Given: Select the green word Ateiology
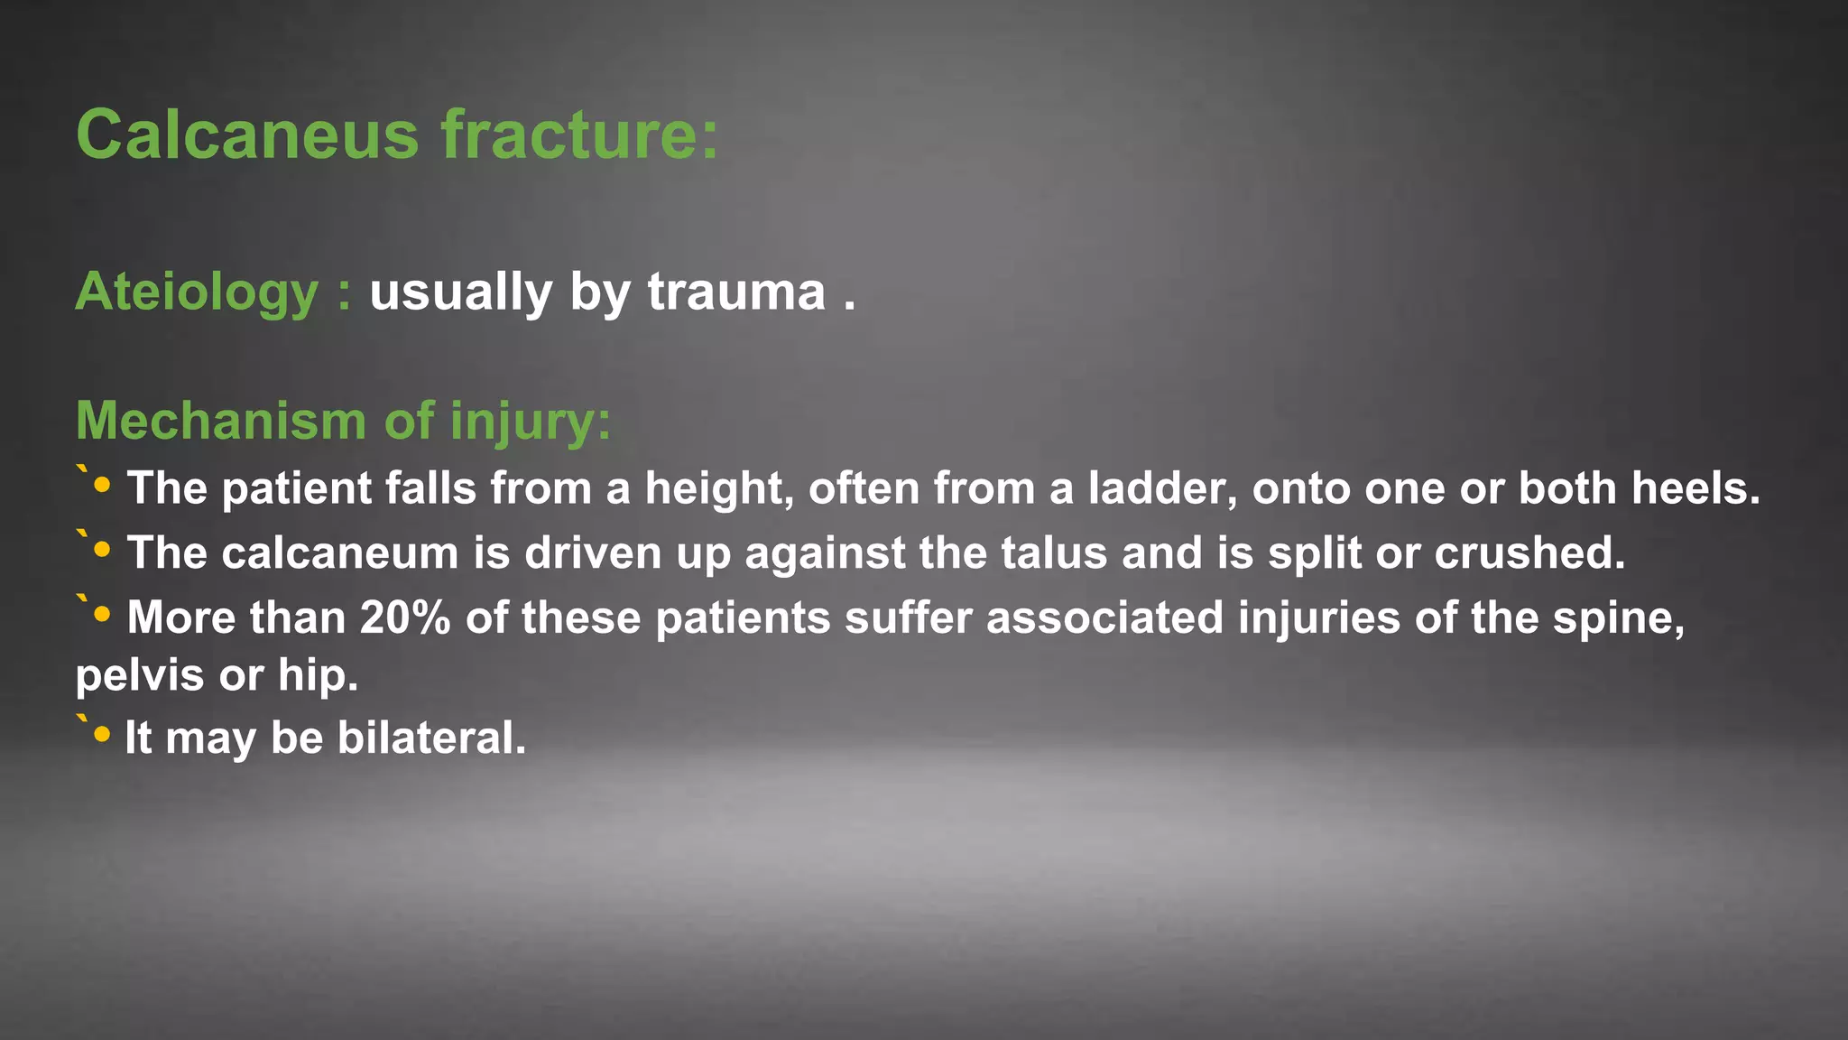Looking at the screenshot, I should pos(197,292).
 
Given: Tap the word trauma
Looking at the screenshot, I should pos(736,292).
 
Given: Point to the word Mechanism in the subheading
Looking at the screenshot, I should pos(222,421).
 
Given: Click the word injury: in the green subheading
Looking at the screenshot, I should pos(531,422).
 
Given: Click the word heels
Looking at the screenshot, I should pos(1696,488).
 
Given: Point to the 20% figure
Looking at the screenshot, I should pos(404,618).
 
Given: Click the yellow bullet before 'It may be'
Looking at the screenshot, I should pos(102,735).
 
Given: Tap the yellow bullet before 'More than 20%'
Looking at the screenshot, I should pos(102,615).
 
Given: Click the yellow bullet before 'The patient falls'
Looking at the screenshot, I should pos(102,486).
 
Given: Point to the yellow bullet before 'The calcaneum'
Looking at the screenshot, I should pos(102,550).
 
